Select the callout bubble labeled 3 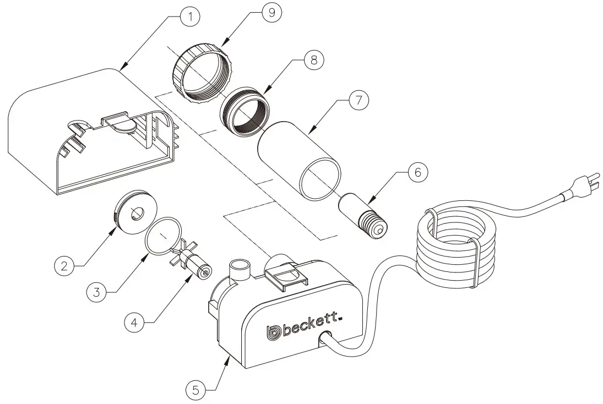pyautogui.click(x=96, y=292)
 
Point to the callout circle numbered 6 pyautogui.click(x=417, y=172)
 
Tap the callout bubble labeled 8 pyautogui.click(x=313, y=59)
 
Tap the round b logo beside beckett pyautogui.click(x=274, y=332)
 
